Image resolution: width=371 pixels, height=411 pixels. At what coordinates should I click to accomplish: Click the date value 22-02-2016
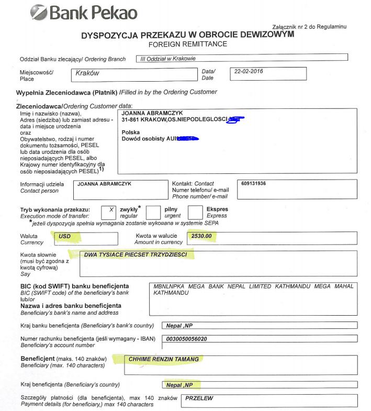(x=249, y=72)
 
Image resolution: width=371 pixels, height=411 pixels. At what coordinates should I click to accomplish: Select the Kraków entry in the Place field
(x=87, y=73)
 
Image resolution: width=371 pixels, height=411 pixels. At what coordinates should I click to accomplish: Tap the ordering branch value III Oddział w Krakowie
(x=165, y=59)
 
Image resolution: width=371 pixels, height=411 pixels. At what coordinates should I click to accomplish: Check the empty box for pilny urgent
(x=153, y=212)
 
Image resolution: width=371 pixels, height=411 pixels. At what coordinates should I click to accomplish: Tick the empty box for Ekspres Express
(x=195, y=212)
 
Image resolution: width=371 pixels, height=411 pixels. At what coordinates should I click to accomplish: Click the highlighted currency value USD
(x=64, y=236)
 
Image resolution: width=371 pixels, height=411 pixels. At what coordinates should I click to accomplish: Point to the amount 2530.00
(x=201, y=236)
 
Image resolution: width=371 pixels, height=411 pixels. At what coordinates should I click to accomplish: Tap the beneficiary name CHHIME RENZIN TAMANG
(x=164, y=359)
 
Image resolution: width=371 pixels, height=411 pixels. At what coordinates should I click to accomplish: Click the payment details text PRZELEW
(x=199, y=398)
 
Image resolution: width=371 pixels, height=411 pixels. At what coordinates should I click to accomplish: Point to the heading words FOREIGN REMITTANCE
(x=187, y=45)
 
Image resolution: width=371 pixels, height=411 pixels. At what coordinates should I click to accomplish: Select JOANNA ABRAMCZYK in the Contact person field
(x=104, y=184)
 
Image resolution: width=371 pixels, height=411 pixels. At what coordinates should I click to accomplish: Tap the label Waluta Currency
(x=32, y=239)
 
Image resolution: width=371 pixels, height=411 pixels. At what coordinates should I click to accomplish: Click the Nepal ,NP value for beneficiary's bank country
(x=179, y=325)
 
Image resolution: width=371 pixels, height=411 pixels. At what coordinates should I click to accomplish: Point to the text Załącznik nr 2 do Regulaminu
(x=309, y=26)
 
